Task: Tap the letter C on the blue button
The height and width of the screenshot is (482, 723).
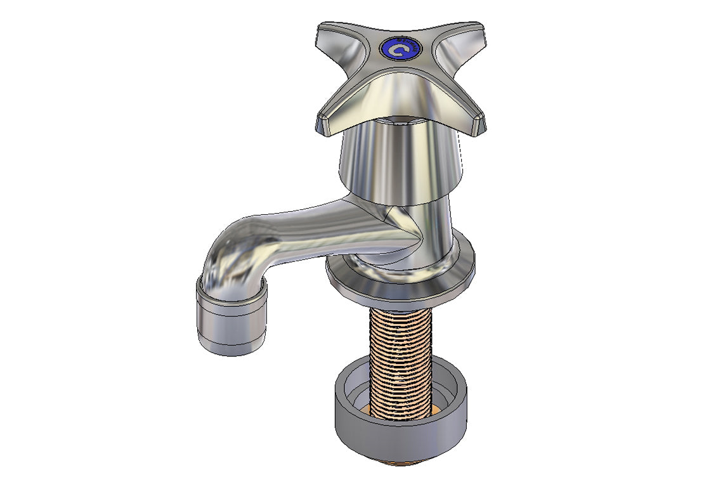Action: point(398,49)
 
